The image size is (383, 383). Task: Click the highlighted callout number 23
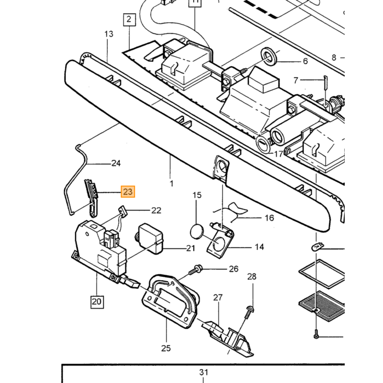[127, 191]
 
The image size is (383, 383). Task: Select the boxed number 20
[97, 301]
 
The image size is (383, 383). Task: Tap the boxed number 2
[129, 20]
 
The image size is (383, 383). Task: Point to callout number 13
[109, 34]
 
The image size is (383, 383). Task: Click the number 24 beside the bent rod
[116, 163]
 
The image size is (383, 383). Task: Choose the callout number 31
[204, 372]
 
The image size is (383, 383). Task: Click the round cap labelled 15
[197, 231]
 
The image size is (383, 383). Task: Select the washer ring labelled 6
[269, 57]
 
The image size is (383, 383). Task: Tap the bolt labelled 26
[195, 269]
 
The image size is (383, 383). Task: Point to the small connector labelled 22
[122, 211]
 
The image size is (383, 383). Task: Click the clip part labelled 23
[91, 198]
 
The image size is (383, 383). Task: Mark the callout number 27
[218, 298]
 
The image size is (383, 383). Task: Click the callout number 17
[278, 154]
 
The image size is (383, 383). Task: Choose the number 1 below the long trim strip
[171, 183]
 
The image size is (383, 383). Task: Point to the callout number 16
[269, 218]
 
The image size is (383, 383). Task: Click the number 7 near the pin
[296, 80]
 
